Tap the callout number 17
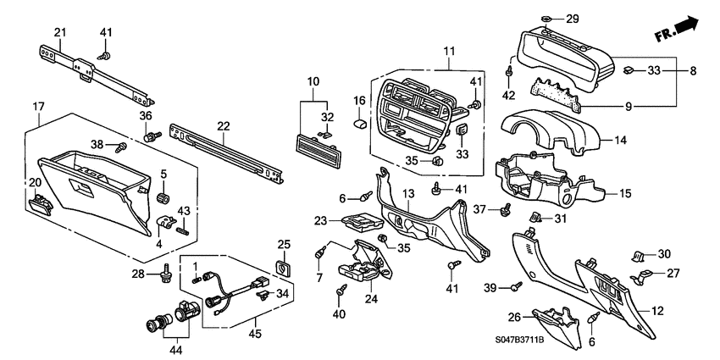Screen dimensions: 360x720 38,106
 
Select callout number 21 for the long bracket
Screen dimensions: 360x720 59,32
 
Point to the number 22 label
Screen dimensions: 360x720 223,125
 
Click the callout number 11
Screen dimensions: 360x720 449,40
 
